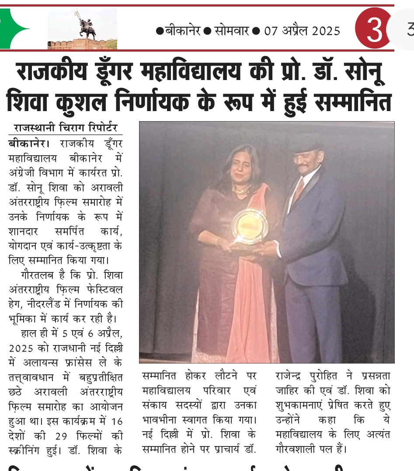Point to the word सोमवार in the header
pos(232,31)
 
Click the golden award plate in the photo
pos(250,226)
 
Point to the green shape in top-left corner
pos(13,29)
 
